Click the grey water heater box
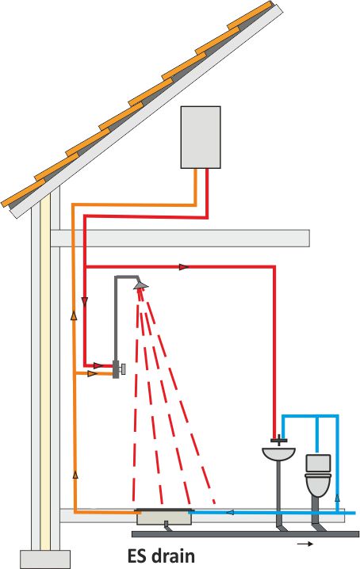click(x=201, y=137)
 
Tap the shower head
click(x=141, y=285)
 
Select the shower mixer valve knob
click(x=124, y=369)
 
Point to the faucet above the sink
click(x=278, y=440)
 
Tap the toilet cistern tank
click(x=318, y=463)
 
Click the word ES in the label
click(x=136, y=556)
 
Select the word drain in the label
click(x=173, y=556)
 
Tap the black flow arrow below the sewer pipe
click(x=305, y=544)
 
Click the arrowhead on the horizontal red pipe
click(x=184, y=267)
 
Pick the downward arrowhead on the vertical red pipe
click(x=85, y=301)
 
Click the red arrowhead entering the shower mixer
click(x=98, y=365)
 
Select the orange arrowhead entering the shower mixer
click(x=92, y=373)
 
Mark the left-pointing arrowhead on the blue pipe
click(x=230, y=513)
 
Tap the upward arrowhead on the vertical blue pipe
click(x=337, y=498)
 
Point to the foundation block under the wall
click(x=45, y=559)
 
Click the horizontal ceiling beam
click(x=180, y=238)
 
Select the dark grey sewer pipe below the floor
click(x=245, y=534)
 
